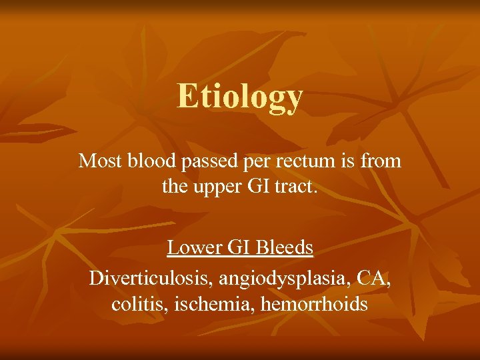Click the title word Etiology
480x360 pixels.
(x=240, y=97)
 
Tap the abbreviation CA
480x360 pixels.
(x=373, y=277)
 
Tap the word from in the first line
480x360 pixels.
(x=383, y=161)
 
